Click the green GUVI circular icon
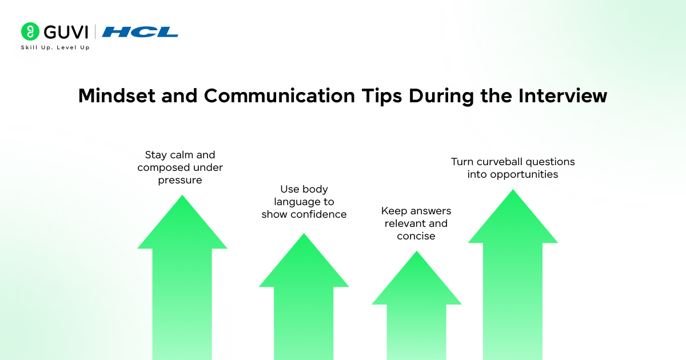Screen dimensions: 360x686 [x=30, y=31]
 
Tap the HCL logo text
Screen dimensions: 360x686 [x=140, y=32]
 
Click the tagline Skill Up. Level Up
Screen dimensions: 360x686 [x=55, y=47]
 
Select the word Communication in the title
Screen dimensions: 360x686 [x=279, y=95]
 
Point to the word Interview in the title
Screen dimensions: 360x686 [x=563, y=95]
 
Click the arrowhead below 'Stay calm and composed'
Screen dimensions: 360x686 [x=182, y=226]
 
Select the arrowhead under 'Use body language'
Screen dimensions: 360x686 [x=304, y=263]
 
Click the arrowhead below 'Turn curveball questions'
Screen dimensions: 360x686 [x=513, y=220]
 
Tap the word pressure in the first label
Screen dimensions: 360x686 [x=181, y=180]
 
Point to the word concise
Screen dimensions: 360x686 [x=416, y=236]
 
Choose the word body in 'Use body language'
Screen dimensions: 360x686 [x=316, y=189]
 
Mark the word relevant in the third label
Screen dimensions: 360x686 [x=404, y=223]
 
